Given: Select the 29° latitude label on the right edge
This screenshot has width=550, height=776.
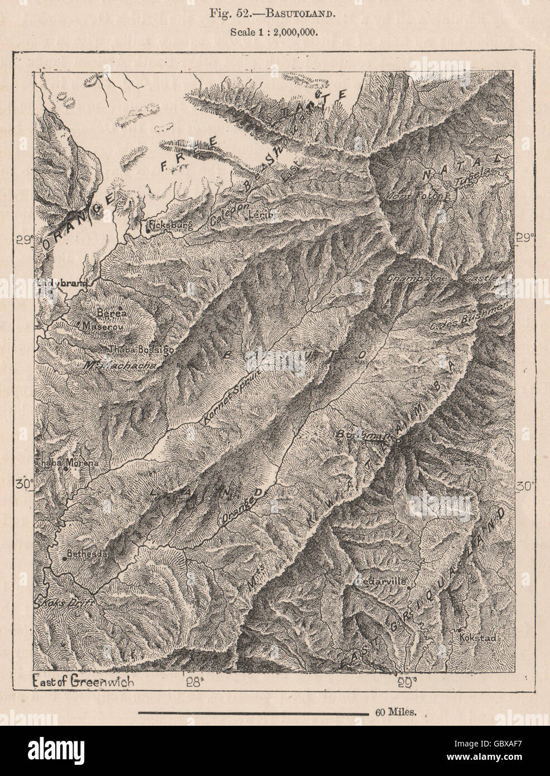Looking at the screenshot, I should (x=526, y=237).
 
